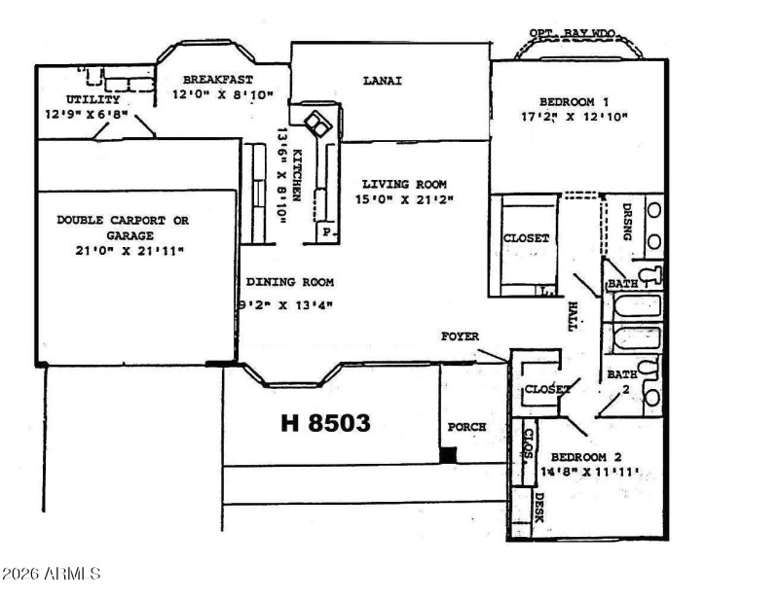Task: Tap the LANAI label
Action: (383, 81)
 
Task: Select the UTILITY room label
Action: (93, 99)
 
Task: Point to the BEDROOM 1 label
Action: (575, 101)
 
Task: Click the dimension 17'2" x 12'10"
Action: (575, 117)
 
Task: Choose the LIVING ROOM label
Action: (404, 184)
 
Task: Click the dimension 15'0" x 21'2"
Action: (404, 199)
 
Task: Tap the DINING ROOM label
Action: (289, 282)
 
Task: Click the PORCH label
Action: (465, 427)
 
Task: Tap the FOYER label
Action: (459, 336)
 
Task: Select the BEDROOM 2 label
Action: (585, 457)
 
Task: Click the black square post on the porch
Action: (448, 454)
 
